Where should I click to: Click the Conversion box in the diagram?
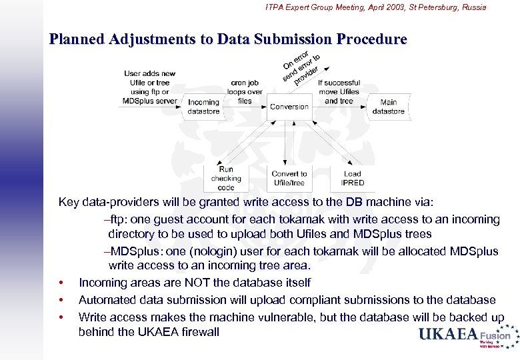289,107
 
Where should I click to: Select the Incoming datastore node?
203,107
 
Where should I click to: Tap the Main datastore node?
388,107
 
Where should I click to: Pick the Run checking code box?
226,178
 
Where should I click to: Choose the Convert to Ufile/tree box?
289,178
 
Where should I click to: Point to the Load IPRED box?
353,178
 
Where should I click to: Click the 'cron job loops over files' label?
245,91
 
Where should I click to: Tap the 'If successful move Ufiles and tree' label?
339,92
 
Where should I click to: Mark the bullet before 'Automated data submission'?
61,300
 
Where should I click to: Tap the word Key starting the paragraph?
69,202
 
